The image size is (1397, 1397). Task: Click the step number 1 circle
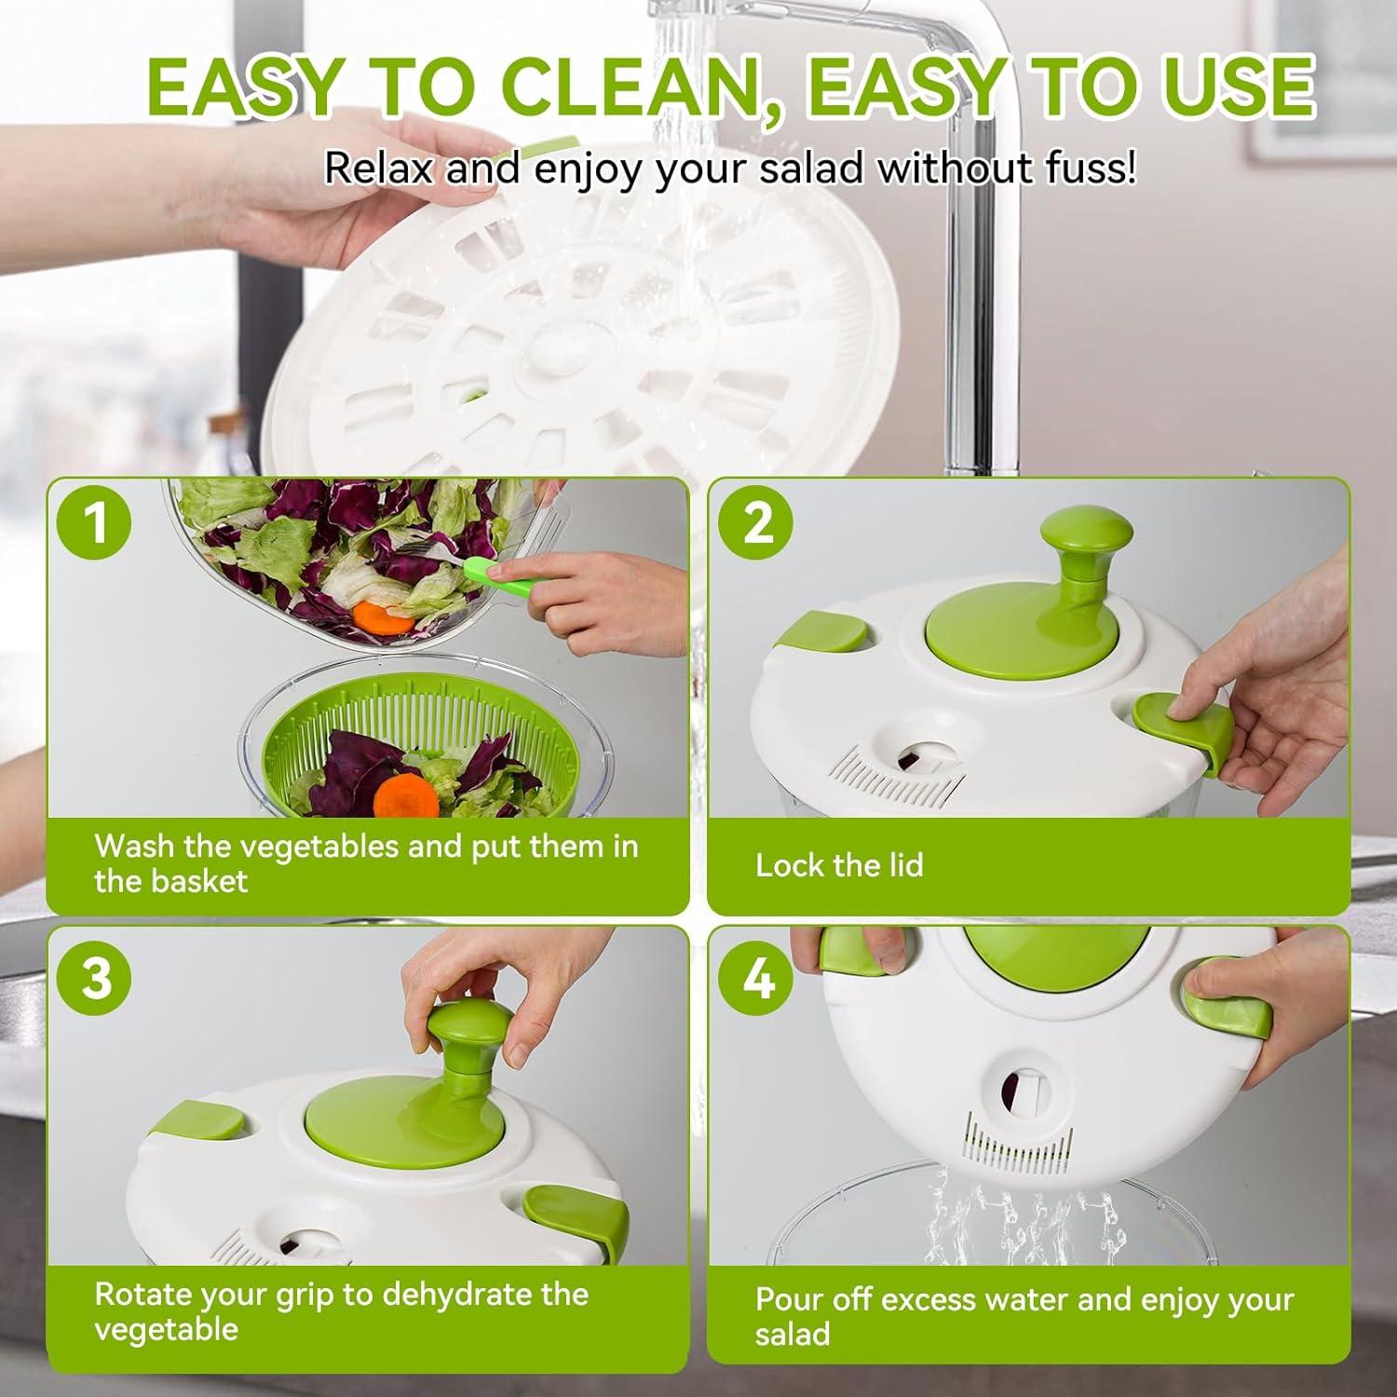click(96, 523)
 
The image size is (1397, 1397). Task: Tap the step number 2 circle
click(757, 523)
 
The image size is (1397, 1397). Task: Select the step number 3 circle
click(96, 979)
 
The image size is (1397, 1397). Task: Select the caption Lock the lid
click(838, 865)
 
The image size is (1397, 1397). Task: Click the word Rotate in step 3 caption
click(143, 1295)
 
